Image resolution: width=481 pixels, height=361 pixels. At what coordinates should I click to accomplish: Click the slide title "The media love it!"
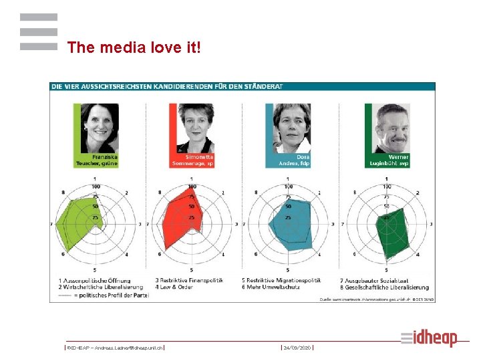coord(134,47)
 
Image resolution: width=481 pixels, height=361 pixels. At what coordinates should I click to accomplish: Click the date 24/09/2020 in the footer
coord(297,348)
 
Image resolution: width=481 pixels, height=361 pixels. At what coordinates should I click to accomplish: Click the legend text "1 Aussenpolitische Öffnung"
coord(94,280)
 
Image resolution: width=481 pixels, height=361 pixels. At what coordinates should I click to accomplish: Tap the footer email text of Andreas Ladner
coord(115,348)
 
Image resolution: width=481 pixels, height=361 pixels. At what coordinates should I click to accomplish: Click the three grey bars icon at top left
coord(39,32)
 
